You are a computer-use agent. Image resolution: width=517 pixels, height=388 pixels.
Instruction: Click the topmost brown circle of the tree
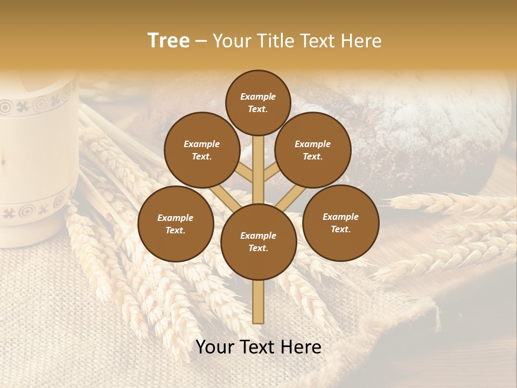[x=258, y=102]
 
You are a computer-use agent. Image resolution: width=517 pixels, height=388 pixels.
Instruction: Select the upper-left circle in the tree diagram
[x=202, y=150]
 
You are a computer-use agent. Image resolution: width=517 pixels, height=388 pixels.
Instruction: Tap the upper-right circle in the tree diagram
[x=313, y=150]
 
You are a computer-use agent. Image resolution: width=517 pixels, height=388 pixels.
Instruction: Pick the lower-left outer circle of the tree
[x=176, y=224]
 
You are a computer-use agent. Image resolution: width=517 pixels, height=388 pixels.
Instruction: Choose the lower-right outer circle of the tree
[x=340, y=223]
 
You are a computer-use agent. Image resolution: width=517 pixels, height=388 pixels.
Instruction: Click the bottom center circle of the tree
[x=258, y=242]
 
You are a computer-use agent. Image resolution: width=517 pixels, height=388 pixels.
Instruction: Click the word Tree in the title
[x=169, y=40]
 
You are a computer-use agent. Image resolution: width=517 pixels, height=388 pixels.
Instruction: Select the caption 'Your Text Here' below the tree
[x=258, y=347]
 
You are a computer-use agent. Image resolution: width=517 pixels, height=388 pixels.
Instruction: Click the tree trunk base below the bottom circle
[x=258, y=302]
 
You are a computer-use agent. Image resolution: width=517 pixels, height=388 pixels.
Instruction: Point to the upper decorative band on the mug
[x=38, y=102]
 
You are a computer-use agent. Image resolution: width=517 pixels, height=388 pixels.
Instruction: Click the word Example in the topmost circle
[x=258, y=96]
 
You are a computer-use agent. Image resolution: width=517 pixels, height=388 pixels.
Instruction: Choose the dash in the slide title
[x=201, y=41]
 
